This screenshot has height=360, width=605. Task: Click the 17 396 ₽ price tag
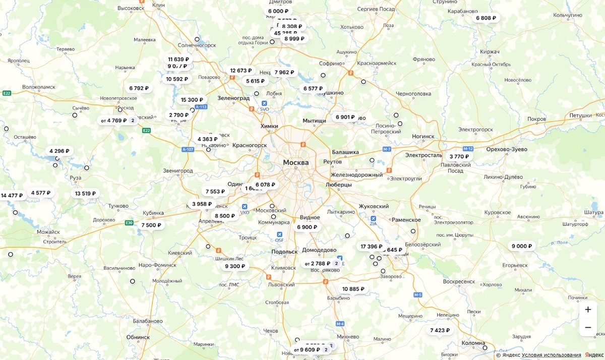(x=371, y=247)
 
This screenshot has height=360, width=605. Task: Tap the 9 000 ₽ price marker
(x=522, y=246)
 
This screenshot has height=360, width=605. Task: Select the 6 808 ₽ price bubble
(x=486, y=18)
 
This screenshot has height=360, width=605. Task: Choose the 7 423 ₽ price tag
(x=440, y=330)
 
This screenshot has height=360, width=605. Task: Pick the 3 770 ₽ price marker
(x=459, y=156)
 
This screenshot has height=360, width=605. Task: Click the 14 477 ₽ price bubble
(x=12, y=196)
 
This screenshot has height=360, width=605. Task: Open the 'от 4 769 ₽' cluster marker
(x=118, y=121)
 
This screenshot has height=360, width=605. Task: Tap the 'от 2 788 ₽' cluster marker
(x=322, y=263)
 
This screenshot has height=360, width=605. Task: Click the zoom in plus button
(x=588, y=310)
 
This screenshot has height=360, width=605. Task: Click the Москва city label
(x=295, y=162)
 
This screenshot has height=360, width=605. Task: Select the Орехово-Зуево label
(x=507, y=149)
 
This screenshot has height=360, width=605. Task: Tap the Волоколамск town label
(x=39, y=87)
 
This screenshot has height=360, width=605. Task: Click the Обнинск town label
(x=138, y=337)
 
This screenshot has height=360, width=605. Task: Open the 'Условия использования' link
(x=552, y=355)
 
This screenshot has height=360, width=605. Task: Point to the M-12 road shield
(x=468, y=149)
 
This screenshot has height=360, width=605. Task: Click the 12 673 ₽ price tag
(x=240, y=71)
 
